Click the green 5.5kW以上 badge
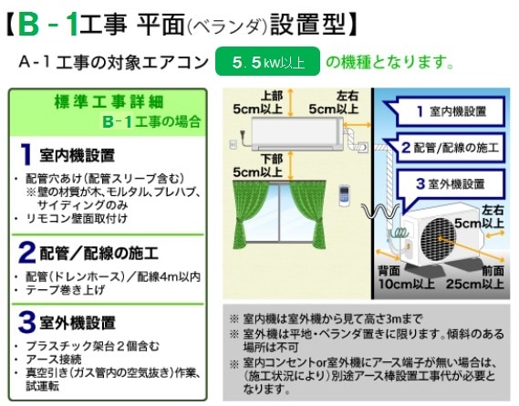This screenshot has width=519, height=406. (267, 62)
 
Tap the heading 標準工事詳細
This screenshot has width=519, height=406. (109, 101)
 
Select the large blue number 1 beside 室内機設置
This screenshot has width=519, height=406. (26, 154)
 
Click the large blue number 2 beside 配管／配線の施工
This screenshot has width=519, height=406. (26, 253)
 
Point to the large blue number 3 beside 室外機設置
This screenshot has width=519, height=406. (26, 322)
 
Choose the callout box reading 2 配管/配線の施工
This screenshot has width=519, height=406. (447, 148)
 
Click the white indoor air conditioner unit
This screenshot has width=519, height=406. (297, 134)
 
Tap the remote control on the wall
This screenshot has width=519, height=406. (344, 196)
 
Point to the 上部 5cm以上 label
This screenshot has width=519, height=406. (258, 102)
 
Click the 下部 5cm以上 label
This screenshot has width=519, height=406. (258, 165)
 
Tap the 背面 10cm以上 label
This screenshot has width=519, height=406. (407, 277)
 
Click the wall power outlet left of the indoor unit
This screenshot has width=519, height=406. (233, 144)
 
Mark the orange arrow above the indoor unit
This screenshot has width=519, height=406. (290, 103)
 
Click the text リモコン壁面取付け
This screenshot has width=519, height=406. (77, 219)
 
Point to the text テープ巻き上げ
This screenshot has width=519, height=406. (65, 290)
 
